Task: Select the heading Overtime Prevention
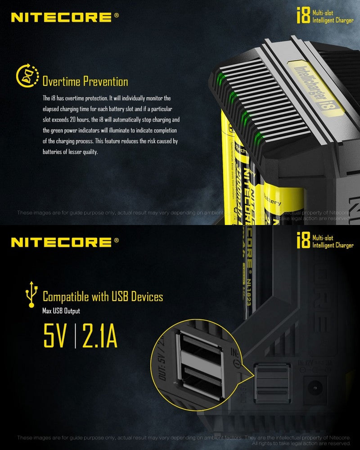85,81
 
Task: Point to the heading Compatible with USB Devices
103,297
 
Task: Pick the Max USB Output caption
61,310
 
